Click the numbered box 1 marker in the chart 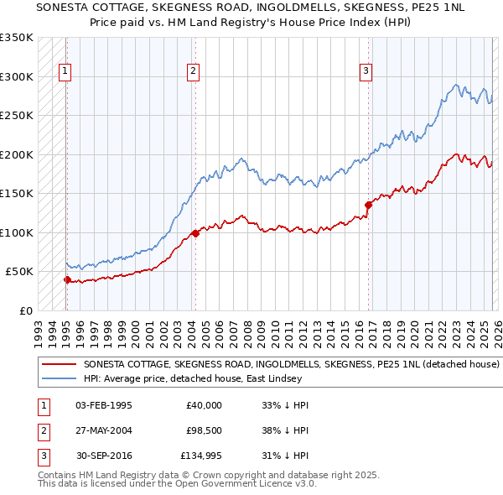coord(65,72)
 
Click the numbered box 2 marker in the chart coord(193,72)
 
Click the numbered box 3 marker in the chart coord(366,72)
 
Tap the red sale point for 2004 coord(195,233)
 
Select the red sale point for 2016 coord(368,204)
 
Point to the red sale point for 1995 coord(67,280)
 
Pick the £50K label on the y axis coord(19,272)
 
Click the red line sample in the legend coord(60,365)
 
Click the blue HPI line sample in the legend coord(60,378)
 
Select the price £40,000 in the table coord(204,405)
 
